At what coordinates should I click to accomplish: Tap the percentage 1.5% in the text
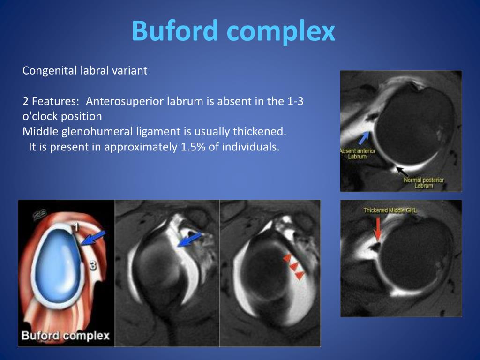tap(193, 147)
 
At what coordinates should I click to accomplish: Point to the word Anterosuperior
tap(125, 101)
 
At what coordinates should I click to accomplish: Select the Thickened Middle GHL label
tap(390, 210)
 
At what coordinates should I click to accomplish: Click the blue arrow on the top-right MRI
tap(364, 137)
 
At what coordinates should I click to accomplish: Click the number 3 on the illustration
tap(92, 266)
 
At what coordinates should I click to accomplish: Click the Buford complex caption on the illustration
tap(66, 336)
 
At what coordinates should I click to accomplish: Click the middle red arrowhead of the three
tap(293, 267)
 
